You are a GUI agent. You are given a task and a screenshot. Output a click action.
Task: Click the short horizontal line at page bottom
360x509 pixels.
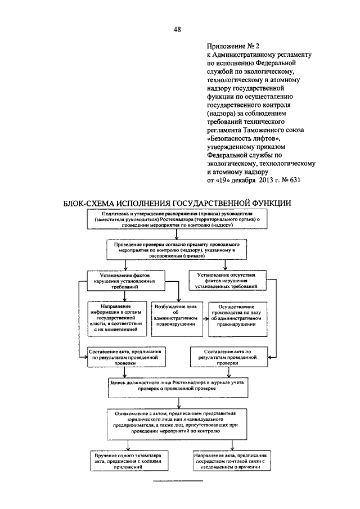[x=178, y=481]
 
